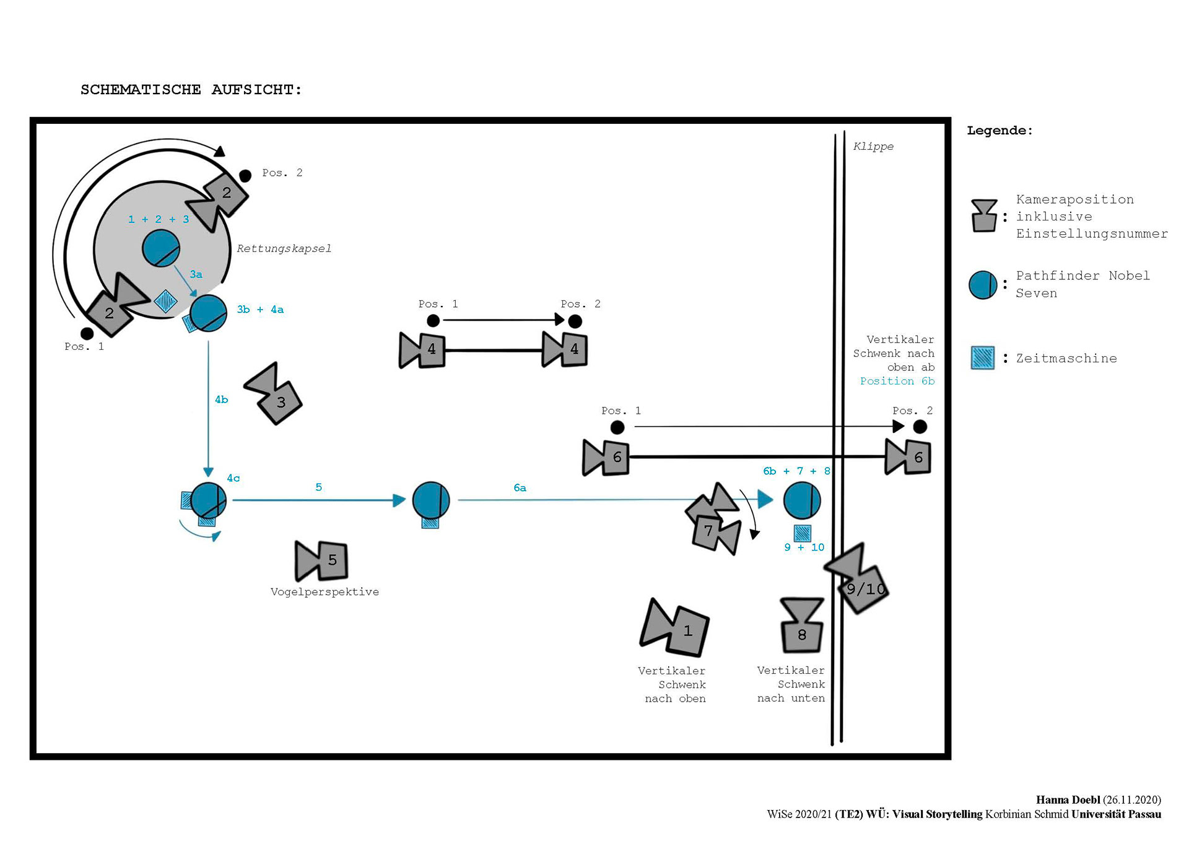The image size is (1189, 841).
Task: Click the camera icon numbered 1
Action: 676,628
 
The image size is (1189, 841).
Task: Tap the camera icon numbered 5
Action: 323,560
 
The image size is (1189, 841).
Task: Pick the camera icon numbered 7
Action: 714,520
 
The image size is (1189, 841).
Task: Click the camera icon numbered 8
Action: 802,625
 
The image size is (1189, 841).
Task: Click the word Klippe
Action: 873,146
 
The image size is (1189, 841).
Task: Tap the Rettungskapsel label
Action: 284,248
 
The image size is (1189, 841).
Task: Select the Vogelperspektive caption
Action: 324,592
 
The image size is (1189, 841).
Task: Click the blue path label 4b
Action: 221,399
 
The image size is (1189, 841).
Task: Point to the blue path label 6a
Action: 520,488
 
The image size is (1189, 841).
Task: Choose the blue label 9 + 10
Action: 804,547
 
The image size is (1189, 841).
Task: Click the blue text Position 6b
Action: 897,381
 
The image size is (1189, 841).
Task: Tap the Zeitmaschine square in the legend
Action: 982,358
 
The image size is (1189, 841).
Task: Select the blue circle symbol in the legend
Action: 983,285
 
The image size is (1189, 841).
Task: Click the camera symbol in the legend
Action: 984,216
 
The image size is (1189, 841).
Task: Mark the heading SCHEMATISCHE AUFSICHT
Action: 191,90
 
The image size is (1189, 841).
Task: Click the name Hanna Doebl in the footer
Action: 1068,800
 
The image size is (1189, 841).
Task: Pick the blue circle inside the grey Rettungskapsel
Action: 161,248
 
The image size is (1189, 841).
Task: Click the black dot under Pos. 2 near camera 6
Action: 920,427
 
